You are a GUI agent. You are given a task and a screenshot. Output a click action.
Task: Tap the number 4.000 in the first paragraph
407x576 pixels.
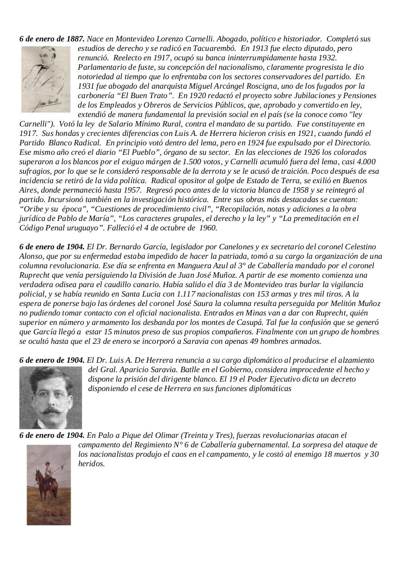click(367, 162)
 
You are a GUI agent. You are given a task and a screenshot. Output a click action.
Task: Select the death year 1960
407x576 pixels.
click(207, 228)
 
